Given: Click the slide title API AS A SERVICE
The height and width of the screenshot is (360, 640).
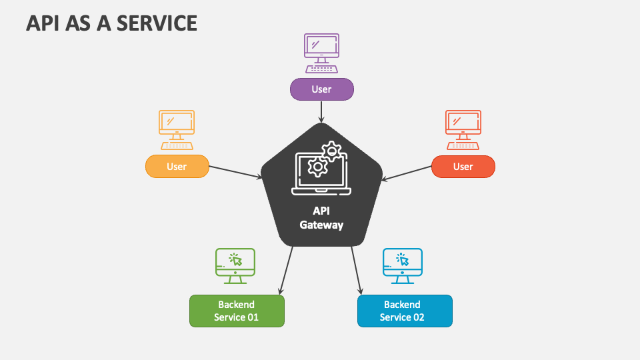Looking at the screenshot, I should (111, 23).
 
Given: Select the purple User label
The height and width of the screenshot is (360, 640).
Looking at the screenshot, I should (321, 89).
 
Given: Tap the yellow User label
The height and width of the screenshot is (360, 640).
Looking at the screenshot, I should (177, 167).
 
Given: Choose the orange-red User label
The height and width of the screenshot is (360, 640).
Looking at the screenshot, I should (463, 167).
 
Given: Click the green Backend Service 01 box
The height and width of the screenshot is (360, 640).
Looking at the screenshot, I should (237, 311).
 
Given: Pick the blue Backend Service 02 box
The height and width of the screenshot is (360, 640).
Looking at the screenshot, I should (405, 311).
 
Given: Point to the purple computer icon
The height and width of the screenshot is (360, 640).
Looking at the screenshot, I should (321, 53).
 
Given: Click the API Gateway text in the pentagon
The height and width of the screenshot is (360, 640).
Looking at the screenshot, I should (321, 217).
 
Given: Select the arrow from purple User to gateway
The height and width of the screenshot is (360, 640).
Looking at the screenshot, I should (321, 111).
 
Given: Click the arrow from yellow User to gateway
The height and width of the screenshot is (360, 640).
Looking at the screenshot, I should (236, 172).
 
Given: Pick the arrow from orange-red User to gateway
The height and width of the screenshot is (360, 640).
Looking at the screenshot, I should (407, 172).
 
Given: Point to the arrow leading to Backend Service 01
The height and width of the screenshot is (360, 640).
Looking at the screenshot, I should (286, 270).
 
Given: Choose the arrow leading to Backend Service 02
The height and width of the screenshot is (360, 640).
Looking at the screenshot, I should (357, 270).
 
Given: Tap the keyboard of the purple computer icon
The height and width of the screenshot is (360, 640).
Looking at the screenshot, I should (321, 69).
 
